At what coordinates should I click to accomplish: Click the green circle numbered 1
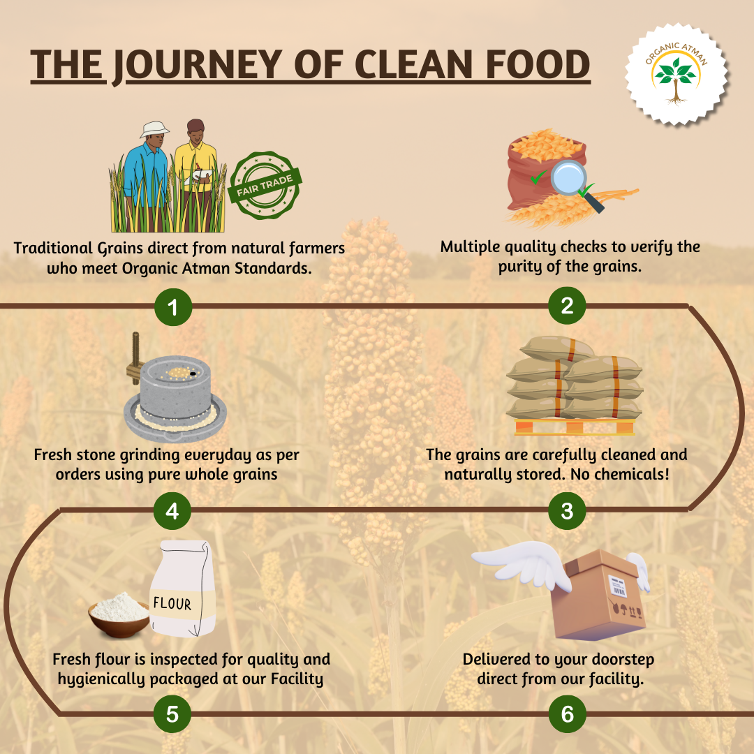tap(173, 306)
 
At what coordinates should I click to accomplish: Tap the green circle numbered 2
tap(567, 306)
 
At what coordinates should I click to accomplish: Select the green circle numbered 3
tap(567, 510)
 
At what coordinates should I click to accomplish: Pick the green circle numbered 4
tap(172, 510)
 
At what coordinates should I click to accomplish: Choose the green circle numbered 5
tap(172, 714)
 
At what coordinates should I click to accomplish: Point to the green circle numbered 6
tap(568, 714)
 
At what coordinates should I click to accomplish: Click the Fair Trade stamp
tap(265, 185)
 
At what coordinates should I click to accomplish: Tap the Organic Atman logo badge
tap(677, 74)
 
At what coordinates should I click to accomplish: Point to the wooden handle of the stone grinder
tap(134, 358)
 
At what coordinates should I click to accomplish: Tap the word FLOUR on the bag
tap(172, 603)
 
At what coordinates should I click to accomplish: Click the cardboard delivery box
tap(598, 596)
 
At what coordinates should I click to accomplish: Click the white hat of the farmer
tap(154, 129)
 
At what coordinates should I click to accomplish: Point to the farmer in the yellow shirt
tap(195, 173)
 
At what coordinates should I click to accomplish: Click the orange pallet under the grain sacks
tap(575, 427)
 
